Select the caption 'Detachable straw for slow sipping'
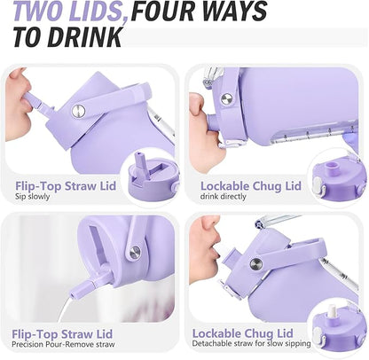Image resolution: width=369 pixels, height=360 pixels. pos(256,346)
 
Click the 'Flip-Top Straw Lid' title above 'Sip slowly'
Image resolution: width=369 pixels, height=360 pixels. pos(64,184)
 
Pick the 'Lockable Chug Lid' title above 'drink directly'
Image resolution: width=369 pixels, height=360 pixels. pos(250,184)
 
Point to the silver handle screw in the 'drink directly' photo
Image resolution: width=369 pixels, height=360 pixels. pos(227,99)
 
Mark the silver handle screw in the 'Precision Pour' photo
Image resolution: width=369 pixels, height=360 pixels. pos(134,252)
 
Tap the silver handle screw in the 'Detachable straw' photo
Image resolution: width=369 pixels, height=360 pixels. pos(255,263)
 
